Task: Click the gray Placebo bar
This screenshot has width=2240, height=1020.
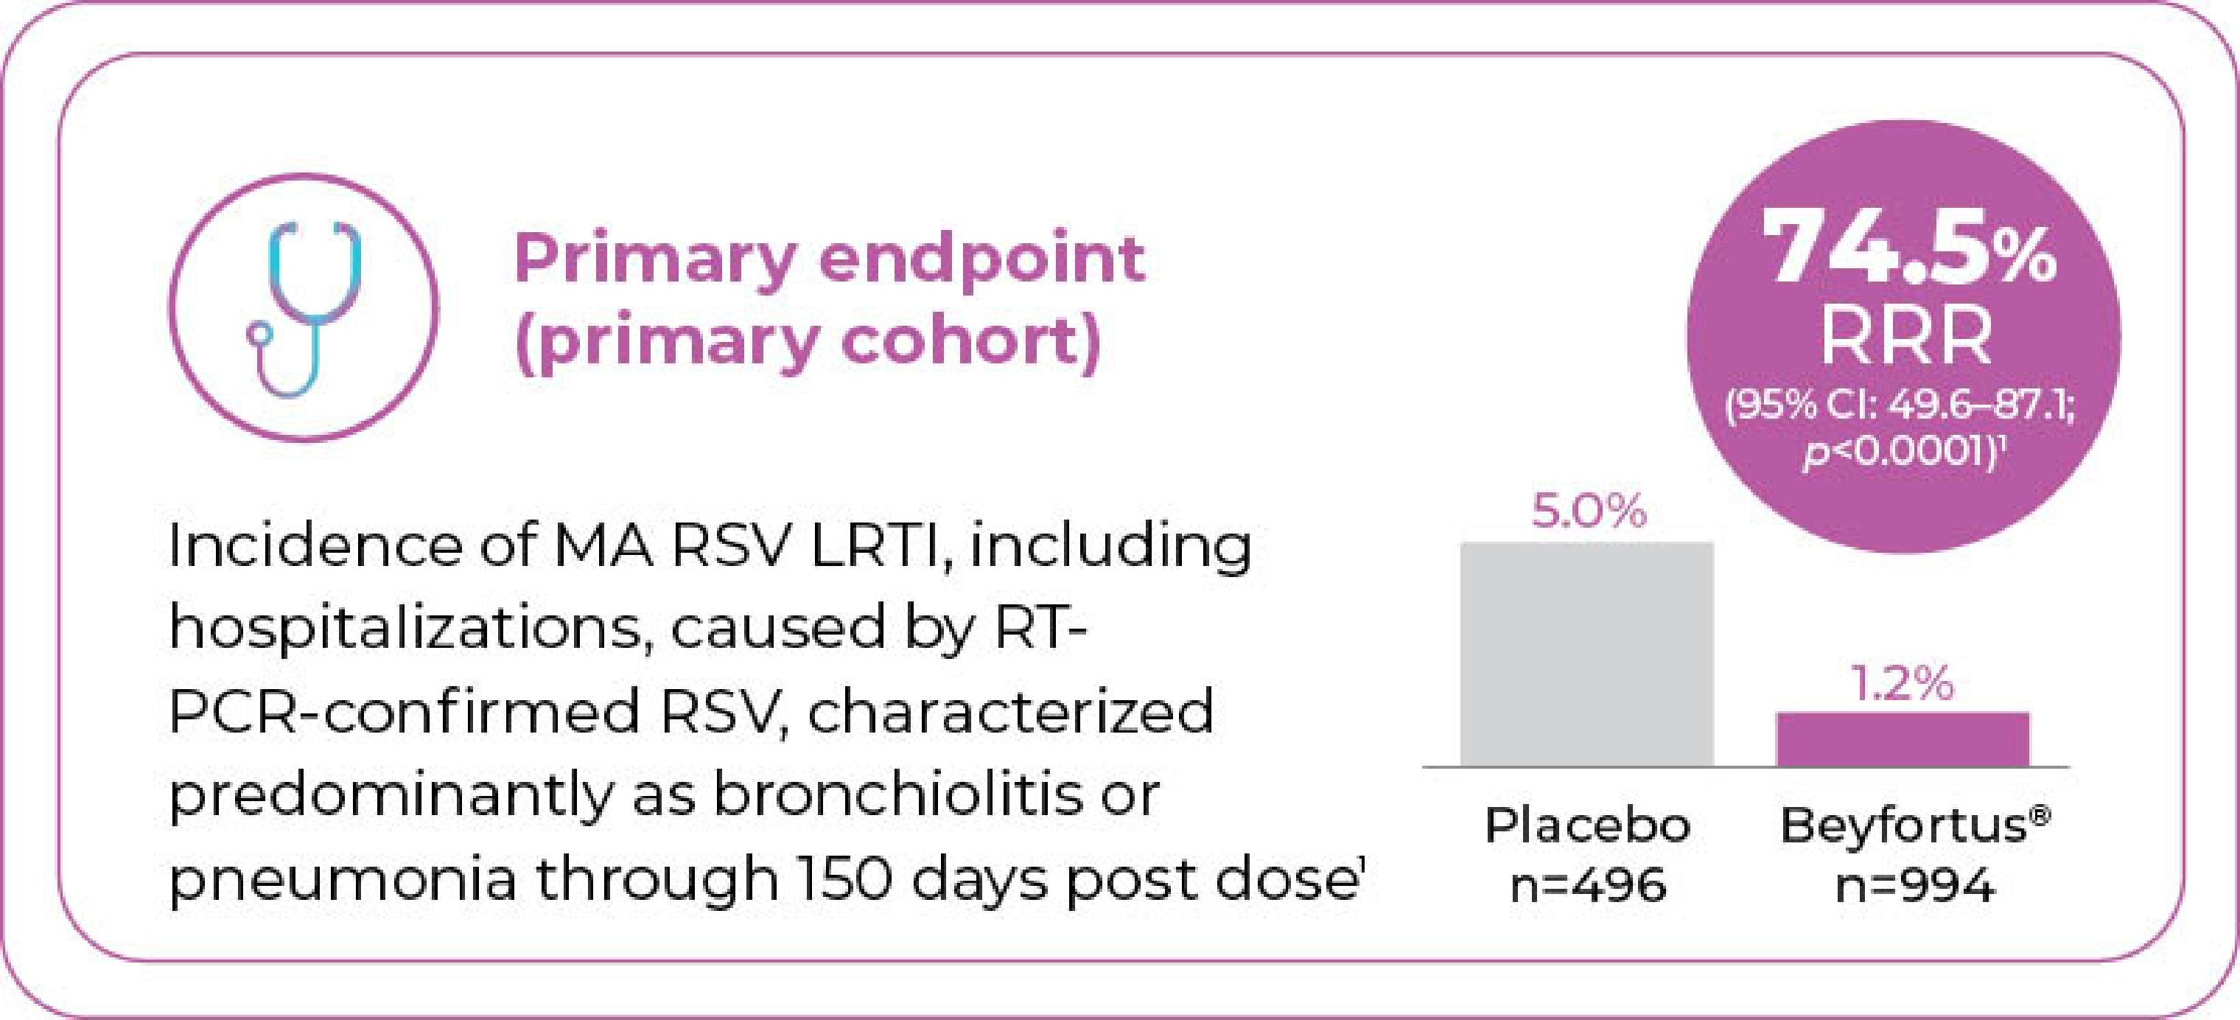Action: click(1587, 654)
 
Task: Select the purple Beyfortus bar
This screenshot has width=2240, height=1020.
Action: click(1903, 739)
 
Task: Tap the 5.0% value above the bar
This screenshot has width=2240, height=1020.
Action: click(1589, 511)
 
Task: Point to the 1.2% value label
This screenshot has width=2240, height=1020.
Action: click(1903, 682)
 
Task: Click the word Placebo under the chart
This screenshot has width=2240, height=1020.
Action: click(1587, 825)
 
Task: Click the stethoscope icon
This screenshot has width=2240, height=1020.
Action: click(304, 309)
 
